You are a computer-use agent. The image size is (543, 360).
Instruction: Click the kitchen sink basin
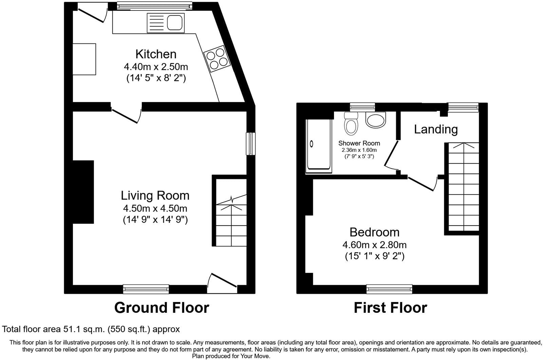tap(175, 22)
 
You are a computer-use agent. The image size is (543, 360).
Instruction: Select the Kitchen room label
tap(156, 54)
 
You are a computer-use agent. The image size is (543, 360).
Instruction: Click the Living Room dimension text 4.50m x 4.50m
tap(155, 208)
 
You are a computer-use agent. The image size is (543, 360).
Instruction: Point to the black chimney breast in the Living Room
tap(83, 192)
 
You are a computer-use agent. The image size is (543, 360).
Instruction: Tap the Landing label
tap(436, 129)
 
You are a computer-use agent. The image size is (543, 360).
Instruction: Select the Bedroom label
tap(374, 232)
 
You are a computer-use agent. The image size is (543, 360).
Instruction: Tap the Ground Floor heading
tap(162, 308)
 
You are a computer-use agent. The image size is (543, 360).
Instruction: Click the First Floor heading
tap(390, 308)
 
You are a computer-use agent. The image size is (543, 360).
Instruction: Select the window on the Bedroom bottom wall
tap(389, 289)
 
